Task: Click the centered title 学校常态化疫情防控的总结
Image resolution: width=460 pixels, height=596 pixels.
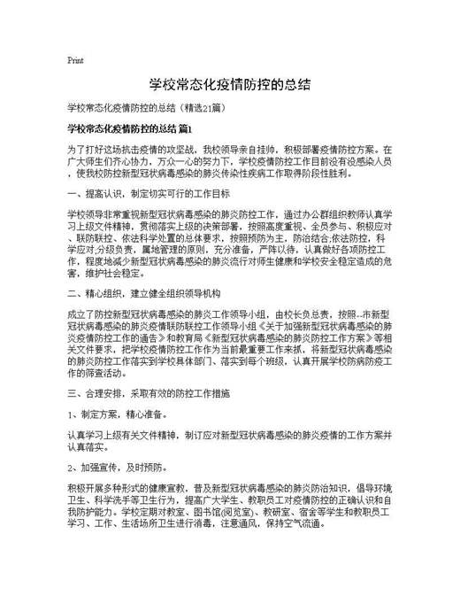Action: [229, 85]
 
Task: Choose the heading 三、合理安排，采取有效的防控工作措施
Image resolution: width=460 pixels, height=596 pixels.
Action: [149, 391]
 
